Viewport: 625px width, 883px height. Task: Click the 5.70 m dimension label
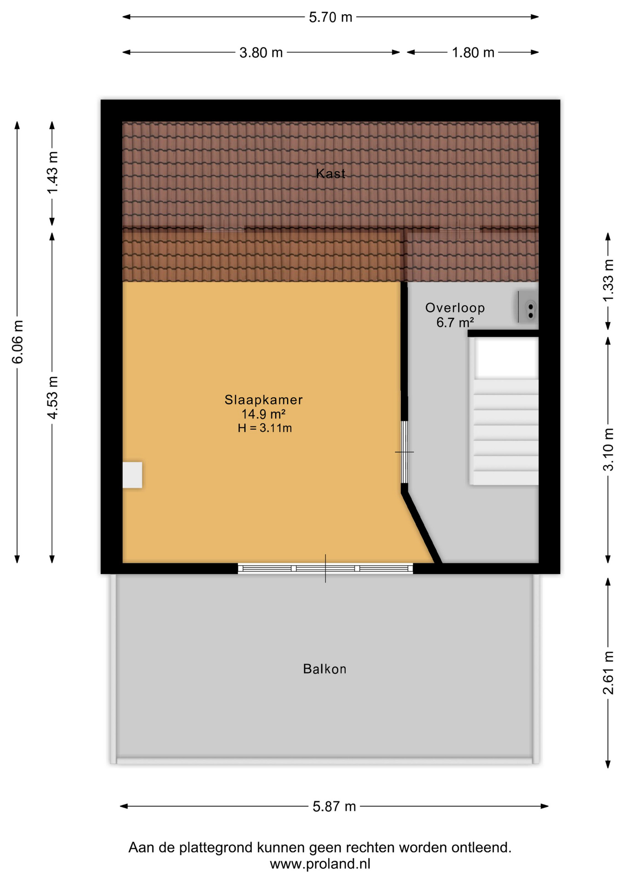pyautogui.click(x=330, y=17)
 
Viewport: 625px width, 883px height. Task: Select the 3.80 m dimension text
pyautogui.click(x=261, y=53)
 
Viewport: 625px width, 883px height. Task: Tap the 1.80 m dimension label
pyautogui.click(x=473, y=53)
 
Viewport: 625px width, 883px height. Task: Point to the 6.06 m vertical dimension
pyautogui.click(x=17, y=342)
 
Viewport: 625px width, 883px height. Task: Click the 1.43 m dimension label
pyautogui.click(x=52, y=172)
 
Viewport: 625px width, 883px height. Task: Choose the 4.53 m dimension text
pyautogui.click(x=52, y=397)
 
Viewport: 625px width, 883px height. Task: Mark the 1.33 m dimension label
pyautogui.click(x=608, y=281)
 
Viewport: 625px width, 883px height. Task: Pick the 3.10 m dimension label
pyautogui.click(x=608, y=449)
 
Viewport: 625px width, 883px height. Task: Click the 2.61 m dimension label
pyautogui.click(x=608, y=673)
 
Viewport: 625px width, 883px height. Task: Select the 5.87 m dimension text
pyautogui.click(x=335, y=807)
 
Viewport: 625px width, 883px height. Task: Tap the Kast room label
pyautogui.click(x=330, y=173)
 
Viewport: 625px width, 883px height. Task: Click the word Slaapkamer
pyautogui.click(x=264, y=400)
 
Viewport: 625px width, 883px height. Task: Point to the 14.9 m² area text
pyautogui.click(x=264, y=414)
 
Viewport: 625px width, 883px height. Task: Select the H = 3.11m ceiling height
pyautogui.click(x=265, y=428)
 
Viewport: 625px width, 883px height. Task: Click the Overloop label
pyautogui.click(x=455, y=308)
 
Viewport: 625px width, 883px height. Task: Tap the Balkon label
pyautogui.click(x=325, y=669)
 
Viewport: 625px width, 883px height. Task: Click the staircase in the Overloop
pyautogui.click(x=504, y=411)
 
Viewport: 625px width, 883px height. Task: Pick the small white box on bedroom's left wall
pyautogui.click(x=132, y=475)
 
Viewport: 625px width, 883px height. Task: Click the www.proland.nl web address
pyautogui.click(x=320, y=864)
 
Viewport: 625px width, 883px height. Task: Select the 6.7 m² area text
pyautogui.click(x=455, y=322)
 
